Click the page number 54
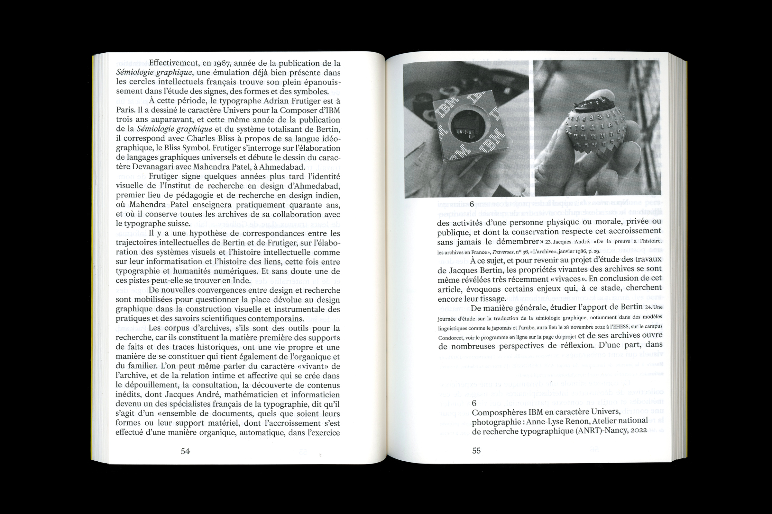[185, 451]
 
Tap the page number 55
[476, 451]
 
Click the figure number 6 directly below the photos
[472, 204]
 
